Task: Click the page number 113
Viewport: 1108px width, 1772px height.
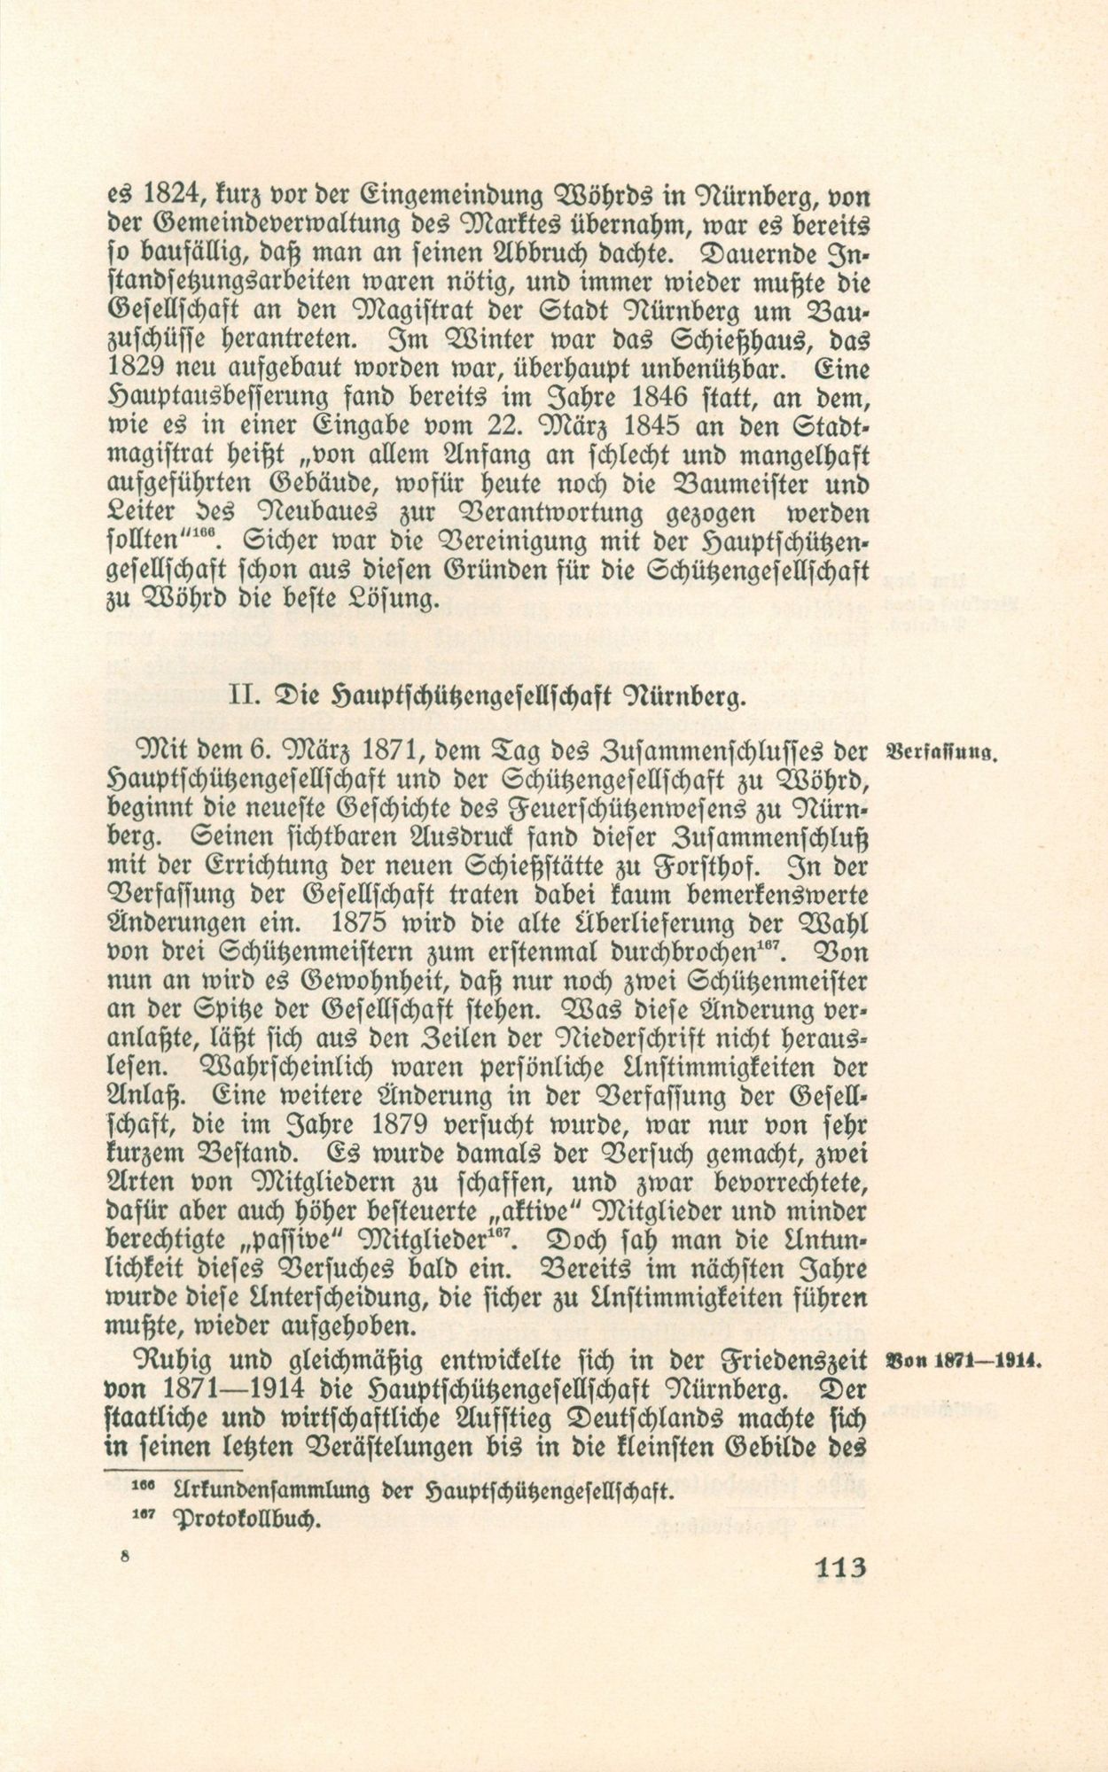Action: (x=838, y=1566)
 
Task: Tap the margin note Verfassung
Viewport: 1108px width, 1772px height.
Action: (x=942, y=756)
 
